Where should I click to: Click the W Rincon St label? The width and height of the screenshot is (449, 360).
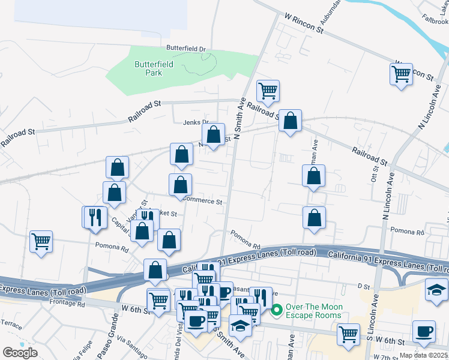point(304,20)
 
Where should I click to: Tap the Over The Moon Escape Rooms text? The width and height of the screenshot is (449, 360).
point(314,311)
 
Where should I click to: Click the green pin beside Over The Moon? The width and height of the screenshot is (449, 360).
point(277,310)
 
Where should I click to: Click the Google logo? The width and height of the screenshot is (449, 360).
point(20,353)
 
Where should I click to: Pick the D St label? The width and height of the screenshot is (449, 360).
point(363,287)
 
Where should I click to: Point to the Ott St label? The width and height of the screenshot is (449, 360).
point(373,175)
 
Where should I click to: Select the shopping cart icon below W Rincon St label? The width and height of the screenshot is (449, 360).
point(401,74)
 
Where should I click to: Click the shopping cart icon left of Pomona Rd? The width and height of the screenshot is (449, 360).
point(41,242)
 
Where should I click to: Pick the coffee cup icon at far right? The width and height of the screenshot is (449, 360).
point(424,332)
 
